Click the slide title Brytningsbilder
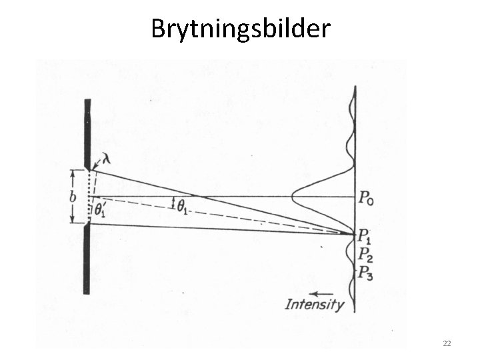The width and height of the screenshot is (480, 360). coord(240,28)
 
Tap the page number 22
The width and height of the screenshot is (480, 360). coord(447,343)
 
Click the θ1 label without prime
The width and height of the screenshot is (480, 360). coord(181,207)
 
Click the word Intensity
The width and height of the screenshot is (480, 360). coord(315,305)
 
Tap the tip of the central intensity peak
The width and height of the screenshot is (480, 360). coord(292,197)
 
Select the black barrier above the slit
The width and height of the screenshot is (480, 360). coord(87,133)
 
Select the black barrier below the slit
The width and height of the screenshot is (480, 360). coord(87,260)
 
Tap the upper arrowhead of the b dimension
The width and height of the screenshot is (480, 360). coord(73,173)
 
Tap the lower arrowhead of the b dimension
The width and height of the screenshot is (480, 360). coord(73,220)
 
